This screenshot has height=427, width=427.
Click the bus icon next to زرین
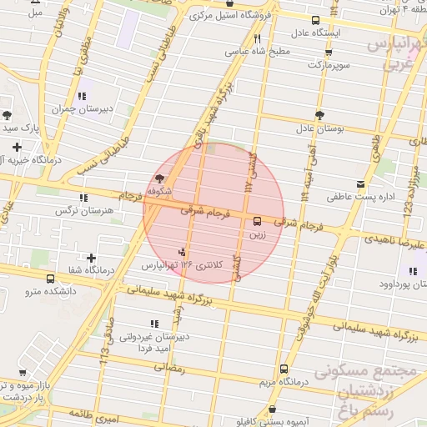click(x=256, y=222)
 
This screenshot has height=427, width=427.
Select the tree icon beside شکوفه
click(x=159, y=178)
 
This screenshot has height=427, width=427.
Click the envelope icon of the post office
click(x=360, y=184)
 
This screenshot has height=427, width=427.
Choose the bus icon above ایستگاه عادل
click(x=315, y=20)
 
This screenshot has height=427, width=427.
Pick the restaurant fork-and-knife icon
click(x=258, y=38)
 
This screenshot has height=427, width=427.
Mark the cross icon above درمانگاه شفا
click(x=91, y=257)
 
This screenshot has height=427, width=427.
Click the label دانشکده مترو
click(x=49, y=291)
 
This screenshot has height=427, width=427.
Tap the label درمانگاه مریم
click(x=284, y=381)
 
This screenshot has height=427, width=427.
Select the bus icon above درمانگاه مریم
click(x=284, y=368)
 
